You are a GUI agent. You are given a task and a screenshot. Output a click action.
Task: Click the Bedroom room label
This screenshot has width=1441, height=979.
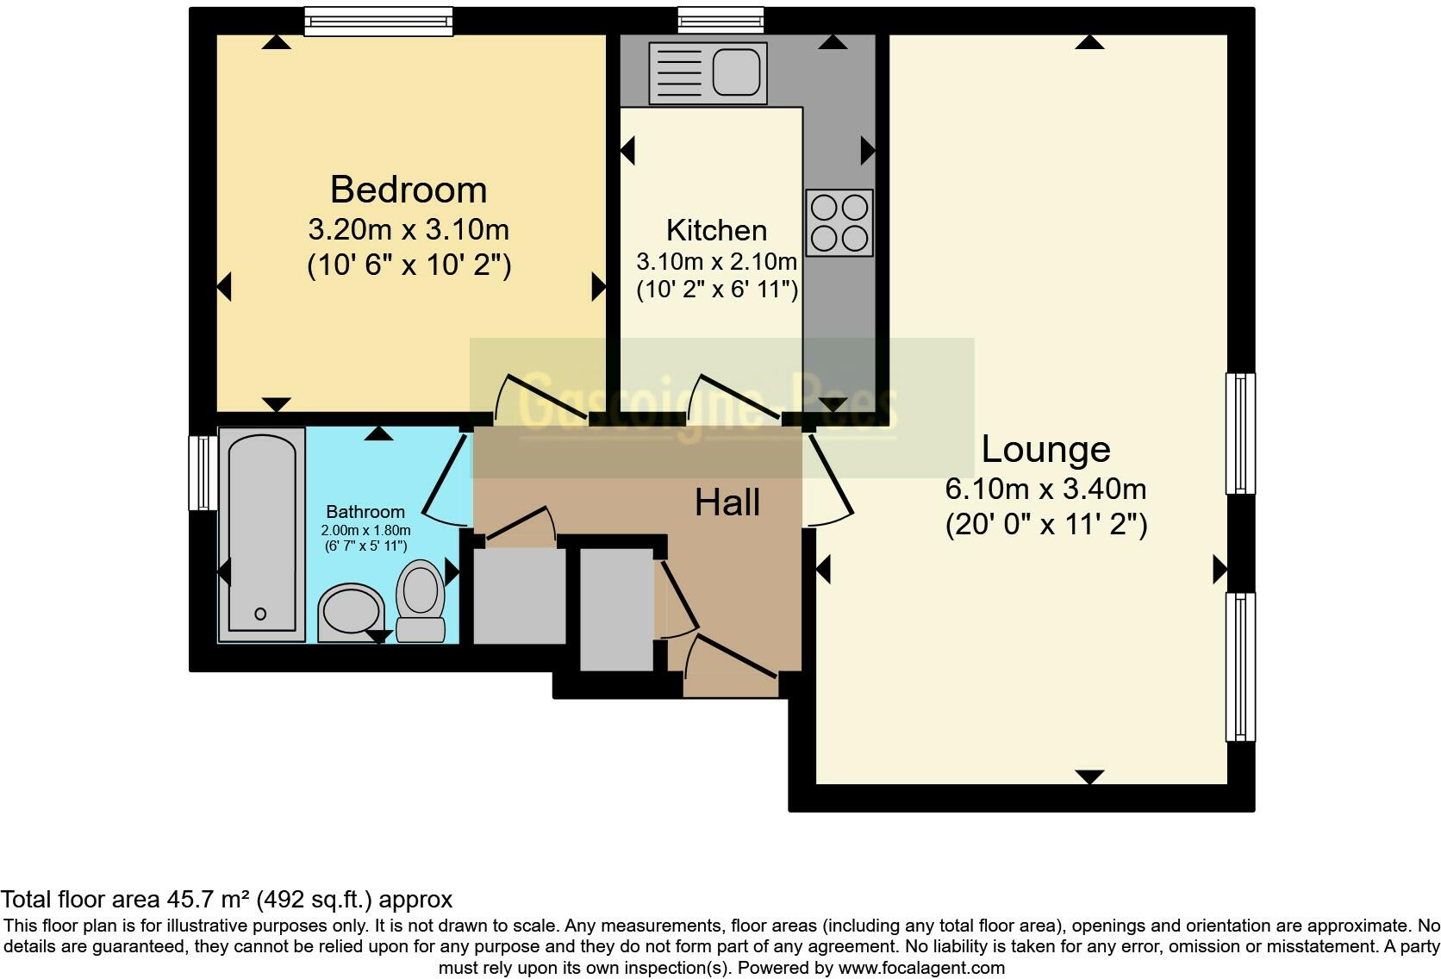click(x=409, y=190)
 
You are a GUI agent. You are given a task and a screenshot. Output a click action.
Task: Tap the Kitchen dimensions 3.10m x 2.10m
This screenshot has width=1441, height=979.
click(x=716, y=261)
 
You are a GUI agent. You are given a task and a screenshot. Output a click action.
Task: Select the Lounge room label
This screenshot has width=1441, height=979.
click(x=1045, y=449)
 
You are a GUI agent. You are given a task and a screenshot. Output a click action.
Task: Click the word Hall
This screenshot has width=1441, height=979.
click(x=727, y=502)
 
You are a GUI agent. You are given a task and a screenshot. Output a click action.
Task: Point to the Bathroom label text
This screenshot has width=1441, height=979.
click(x=365, y=512)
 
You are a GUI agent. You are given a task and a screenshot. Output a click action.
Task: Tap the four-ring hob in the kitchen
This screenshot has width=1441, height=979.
click(x=839, y=223)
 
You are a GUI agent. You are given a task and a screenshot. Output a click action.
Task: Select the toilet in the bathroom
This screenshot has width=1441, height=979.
click(x=421, y=600)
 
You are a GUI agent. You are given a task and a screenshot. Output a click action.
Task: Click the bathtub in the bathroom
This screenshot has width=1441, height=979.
click(x=261, y=534)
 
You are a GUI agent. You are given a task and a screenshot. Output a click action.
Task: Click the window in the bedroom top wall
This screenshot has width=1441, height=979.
click(x=378, y=22)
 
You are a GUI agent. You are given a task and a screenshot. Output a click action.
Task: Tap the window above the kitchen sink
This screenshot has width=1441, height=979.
click(x=720, y=20)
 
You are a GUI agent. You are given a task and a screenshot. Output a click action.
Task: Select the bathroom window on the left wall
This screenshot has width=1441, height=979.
click(x=203, y=473)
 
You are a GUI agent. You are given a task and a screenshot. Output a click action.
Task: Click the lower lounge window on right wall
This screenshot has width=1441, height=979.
click(x=1240, y=666)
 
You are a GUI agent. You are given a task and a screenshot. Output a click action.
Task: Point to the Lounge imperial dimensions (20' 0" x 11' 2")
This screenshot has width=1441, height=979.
click(x=1045, y=525)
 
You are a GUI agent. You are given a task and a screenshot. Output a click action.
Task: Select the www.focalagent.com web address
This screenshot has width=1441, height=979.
click(x=921, y=968)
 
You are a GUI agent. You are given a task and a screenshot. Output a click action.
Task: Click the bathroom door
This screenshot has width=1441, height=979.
click(x=446, y=478)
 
